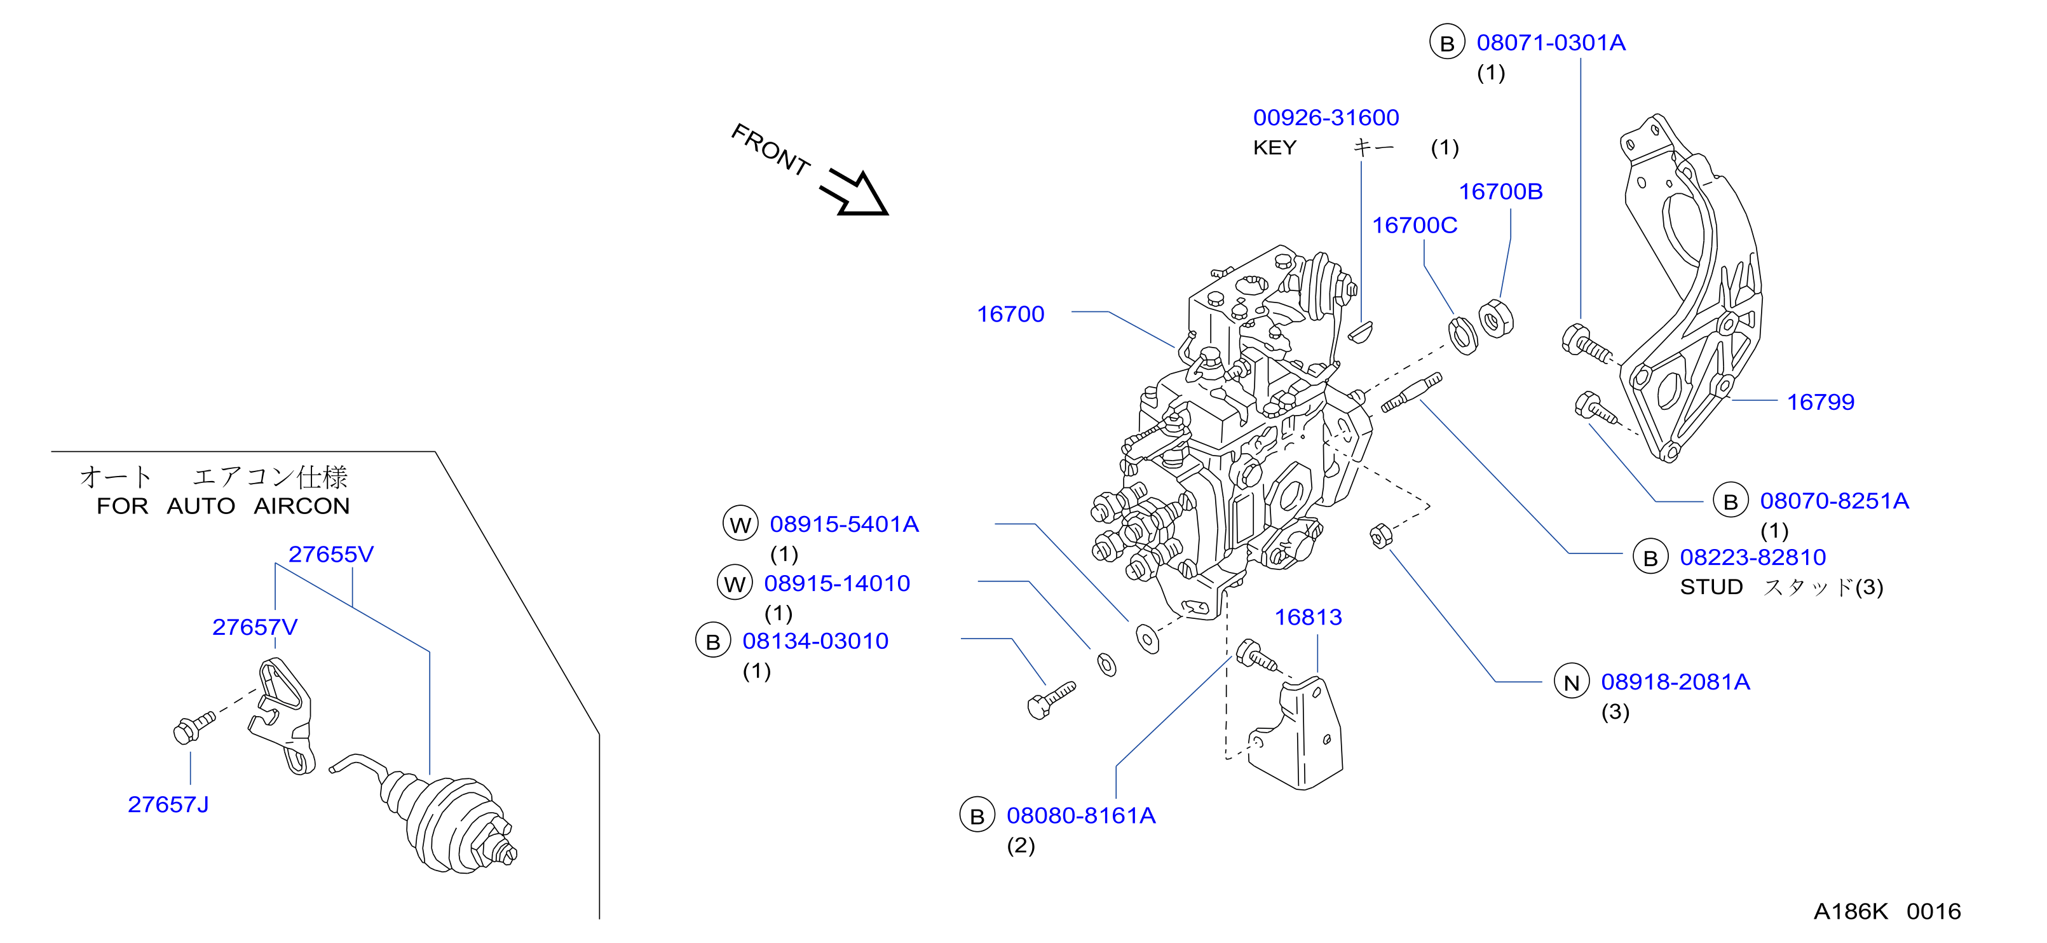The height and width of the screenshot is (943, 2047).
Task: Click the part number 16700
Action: [x=1010, y=315]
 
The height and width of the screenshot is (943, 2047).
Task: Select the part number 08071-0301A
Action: [x=1551, y=43]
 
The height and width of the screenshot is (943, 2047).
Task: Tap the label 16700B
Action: [x=1500, y=191]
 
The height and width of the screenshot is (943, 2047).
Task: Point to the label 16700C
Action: [x=1415, y=226]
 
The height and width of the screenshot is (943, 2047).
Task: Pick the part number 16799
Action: [x=1821, y=402]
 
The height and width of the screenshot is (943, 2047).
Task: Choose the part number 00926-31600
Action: [x=1326, y=118]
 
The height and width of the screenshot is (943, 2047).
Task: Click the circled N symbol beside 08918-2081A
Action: [x=1571, y=682]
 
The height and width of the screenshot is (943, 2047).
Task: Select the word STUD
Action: [x=1711, y=587]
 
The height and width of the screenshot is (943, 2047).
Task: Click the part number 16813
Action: [x=1308, y=617]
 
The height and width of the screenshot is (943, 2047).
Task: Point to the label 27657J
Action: [x=168, y=804]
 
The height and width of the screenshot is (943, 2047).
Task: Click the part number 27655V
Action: [x=330, y=555]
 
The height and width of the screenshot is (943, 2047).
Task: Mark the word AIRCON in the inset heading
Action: [x=302, y=506]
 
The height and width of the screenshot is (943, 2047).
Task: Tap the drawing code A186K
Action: [x=1850, y=911]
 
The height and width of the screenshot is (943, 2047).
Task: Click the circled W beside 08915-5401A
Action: [x=740, y=524]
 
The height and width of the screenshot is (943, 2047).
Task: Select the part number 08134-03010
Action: [x=815, y=641]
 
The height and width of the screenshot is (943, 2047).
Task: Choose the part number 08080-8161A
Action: [x=1081, y=816]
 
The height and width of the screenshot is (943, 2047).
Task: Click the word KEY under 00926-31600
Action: [x=1275, y=148]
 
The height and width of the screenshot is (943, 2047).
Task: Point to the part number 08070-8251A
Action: [x=1834, y=501]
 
